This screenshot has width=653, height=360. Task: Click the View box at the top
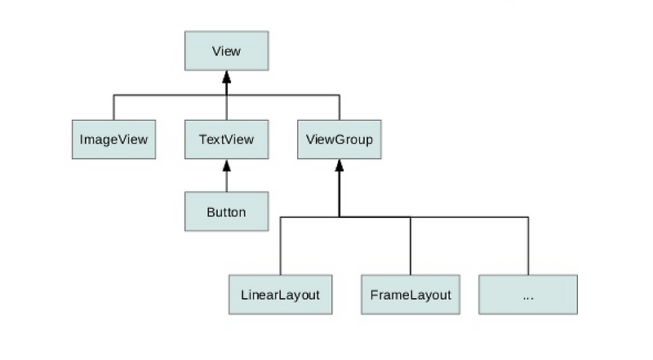tap(226, 51)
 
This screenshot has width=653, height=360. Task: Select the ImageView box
tap(113, 140)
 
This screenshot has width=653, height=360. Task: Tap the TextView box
tap(226, 140)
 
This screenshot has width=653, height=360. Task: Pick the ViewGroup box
tap(339, 140)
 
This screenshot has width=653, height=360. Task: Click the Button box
tap(226, 212)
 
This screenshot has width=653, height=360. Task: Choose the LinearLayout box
tap(280, 295)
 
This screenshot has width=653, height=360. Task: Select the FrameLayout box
tap(410, 295)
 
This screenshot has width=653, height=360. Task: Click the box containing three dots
tap(527, 295)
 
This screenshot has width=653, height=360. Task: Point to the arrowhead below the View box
tap(226, 77)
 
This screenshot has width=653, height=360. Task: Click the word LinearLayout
tap(280, 295)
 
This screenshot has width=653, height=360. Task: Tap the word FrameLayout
tap(410, 295)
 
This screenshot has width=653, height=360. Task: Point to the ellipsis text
tap(527, 296)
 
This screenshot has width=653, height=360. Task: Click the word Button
tap(226, 212)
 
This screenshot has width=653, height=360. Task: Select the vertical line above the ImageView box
tap(113, 107)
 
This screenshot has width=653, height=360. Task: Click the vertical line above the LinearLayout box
tap(280, 245)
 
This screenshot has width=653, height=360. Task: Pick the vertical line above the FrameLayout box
tap(410, 245)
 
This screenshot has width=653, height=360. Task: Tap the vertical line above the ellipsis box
tap(527, 245)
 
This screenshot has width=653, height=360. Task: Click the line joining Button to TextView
tap(226, 181)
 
